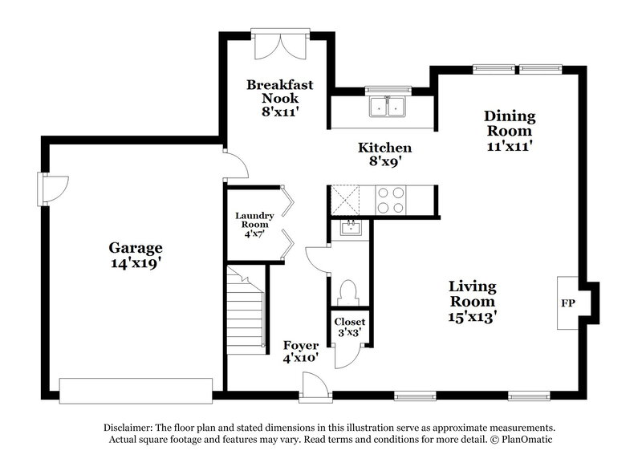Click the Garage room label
(136, 255)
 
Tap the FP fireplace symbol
(566, 304)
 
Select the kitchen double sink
(389, 107)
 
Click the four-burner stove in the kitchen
(390, 200)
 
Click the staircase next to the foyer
(245, 309)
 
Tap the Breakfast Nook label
(279, 98)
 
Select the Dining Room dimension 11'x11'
(510, 146)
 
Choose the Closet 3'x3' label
(350, 327)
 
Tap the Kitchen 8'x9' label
(384, 154)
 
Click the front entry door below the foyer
(312, 386)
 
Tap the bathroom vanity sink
(350, 228)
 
